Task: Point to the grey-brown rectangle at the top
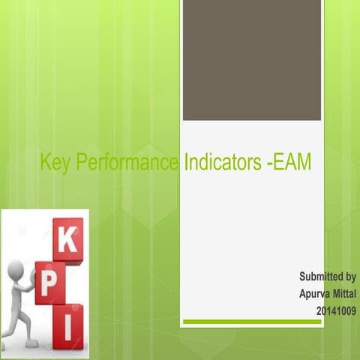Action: (x=252, y=60)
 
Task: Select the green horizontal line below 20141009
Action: (x=252, y=322)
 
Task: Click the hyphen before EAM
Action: (x=269, y=163)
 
